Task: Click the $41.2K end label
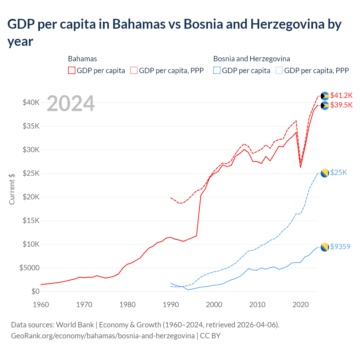click(x=341, y=95)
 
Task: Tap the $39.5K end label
click(x=341, y=105)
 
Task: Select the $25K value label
click(x=339, y=172)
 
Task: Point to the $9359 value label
click(x=340, y=247)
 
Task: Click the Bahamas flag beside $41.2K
click(x=325, y=96)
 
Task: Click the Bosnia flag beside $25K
click(x=325, y=173)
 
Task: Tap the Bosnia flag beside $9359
click(x=325, y=247)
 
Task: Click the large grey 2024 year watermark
click(x=71, y=103)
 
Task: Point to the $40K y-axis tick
click(x=31, y=102)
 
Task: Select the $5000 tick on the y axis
click(x=29, y=268)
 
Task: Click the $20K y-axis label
click(x=31, y=197)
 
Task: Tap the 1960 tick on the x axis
click(x=41, y=305)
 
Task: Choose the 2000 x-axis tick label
click(x=214, y=305)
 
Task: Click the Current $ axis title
click(x=12, y=189)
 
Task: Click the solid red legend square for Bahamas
click(x=72, y=70)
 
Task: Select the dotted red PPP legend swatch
click(x=134, y=70)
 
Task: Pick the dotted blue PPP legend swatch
click(x=279, y=70)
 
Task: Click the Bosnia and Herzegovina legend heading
click(x=251, y=59)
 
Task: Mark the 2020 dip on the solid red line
click(x=300, y=167)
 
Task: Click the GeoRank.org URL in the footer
click(x=103, y=336)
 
